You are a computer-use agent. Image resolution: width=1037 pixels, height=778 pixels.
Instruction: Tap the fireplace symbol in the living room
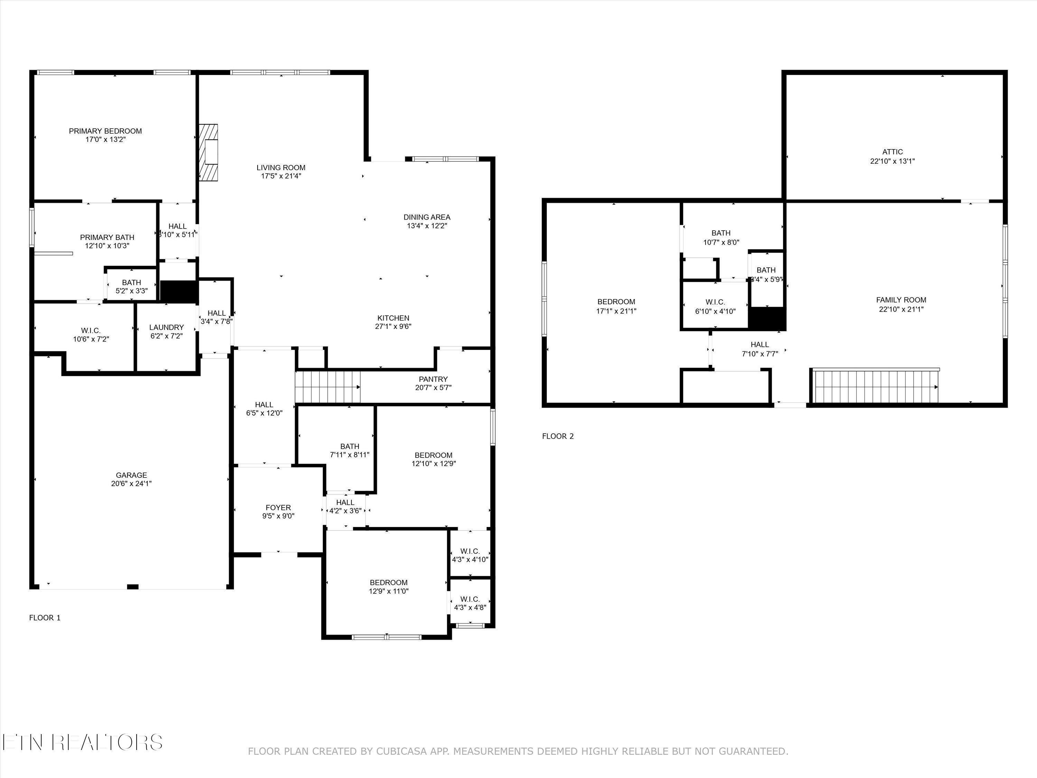point(208,152)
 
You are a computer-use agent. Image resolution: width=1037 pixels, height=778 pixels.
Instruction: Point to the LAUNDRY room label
point(166,327)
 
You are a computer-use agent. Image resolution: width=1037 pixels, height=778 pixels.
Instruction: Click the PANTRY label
point(433,379)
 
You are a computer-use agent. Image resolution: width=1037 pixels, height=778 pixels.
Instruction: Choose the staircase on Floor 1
point(328,387)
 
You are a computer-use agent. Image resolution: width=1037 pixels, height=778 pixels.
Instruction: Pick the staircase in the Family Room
point(876,386)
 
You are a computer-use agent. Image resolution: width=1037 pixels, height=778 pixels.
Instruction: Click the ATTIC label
point(893,152)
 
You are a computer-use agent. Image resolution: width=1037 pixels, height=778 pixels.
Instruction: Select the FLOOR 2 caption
point(558,436)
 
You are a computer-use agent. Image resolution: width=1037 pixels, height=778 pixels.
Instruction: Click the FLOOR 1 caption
point(45,618)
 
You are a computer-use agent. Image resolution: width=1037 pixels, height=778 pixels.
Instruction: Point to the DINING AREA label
point(427,217)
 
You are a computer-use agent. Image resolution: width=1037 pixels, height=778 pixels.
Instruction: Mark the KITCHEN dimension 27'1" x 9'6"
point(394,326)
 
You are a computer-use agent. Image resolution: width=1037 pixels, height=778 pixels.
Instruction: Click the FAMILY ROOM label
point(901,300)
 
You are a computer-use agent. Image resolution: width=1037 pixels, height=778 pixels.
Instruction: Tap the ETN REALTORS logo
point(83,742)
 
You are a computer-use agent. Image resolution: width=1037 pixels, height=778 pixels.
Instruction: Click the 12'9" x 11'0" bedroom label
point(389,587)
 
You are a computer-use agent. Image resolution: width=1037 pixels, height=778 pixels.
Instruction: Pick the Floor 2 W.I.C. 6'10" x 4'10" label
point(716,307)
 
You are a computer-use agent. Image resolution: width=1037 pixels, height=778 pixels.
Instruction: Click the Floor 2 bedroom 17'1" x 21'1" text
point(616,311)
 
